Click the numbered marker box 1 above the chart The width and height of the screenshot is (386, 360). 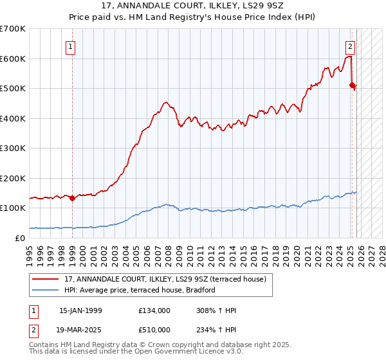(x=69, y=46)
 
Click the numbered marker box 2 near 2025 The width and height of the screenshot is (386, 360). (x=350, y=46)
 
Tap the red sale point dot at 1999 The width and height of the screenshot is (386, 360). (x=72, y=198)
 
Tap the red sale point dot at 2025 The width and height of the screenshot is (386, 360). (x=352, y=85)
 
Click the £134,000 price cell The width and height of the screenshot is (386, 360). (x=154, y=310)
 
